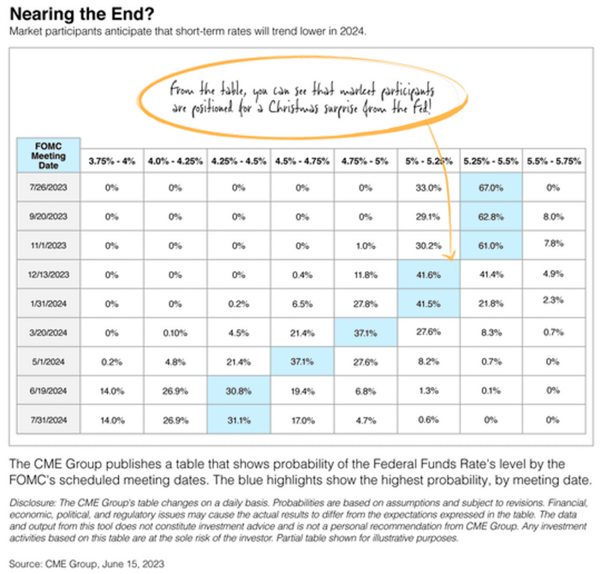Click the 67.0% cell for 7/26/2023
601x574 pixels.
tap(491, 188)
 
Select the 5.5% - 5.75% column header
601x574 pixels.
tap(554, 160)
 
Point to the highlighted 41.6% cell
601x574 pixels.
tap(428, 275)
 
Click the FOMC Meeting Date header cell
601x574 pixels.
tap(49, 155)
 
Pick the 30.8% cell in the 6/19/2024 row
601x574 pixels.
tap(238, 391)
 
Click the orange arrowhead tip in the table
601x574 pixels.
tap(450, 256)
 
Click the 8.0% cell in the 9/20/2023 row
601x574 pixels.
tap(554, 217)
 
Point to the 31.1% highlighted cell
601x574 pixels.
tap(238, 420)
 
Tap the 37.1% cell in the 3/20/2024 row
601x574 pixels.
tap(364, 333)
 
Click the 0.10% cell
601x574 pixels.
tap(175, 333)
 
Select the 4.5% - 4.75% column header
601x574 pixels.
tap(301, 161)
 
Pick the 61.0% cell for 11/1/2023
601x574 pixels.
tap(491, 245)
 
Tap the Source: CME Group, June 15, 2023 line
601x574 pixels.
tap(87, 563)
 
